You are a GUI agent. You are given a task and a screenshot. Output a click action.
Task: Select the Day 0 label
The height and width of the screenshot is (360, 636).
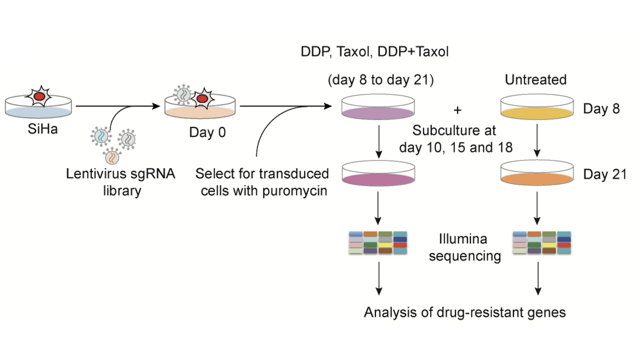tap(205, 133)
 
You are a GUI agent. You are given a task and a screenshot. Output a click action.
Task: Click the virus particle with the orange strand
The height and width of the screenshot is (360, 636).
tap(112, 157)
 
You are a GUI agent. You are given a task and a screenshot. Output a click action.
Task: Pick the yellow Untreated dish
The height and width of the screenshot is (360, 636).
tap(535, 111)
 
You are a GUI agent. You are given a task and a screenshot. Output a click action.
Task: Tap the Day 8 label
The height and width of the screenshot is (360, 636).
tap(601, 109)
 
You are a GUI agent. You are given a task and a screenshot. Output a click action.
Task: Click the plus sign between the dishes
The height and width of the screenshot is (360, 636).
tap(457, 109)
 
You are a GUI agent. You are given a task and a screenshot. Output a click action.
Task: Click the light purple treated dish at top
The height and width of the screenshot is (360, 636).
tap(378, 111)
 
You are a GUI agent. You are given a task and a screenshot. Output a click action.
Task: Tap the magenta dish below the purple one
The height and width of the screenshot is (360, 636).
tap(378, 177)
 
